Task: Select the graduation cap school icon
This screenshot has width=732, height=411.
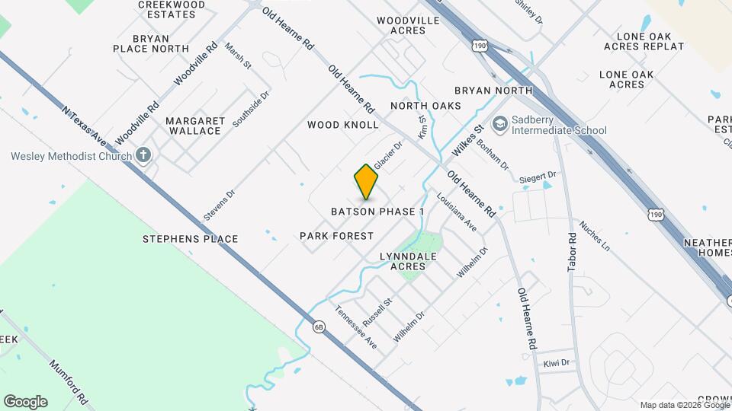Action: (500, 124)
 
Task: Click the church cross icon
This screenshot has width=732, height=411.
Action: (143, 156)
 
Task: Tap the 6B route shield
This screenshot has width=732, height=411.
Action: (319, 327)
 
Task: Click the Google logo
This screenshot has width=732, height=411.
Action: (25, 402)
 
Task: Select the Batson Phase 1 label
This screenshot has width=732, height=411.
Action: (377, 211)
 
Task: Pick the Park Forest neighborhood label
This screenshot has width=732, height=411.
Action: (337, 236)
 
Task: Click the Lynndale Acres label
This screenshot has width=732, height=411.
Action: (408, 261)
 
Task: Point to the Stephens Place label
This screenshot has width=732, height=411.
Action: (191, 239)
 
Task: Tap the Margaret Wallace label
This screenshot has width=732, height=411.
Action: (195, 126)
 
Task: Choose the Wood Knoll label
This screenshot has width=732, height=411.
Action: (343, 124)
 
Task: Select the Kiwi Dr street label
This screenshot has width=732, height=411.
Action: (557, 362)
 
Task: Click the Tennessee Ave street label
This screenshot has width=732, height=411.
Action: (356, 327)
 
